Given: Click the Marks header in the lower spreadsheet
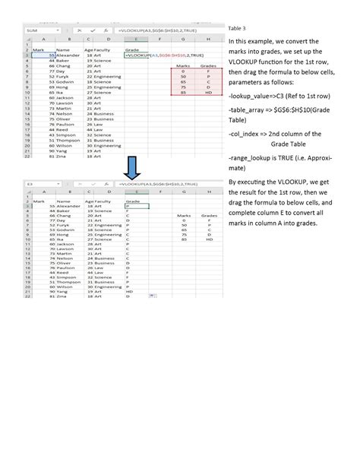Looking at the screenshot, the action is coord(182,217).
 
